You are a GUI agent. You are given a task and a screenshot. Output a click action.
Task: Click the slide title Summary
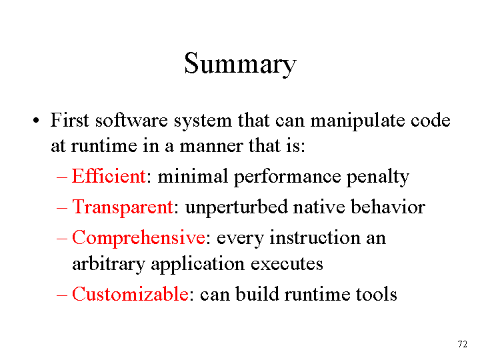pyautogui.click(x=240, y=64)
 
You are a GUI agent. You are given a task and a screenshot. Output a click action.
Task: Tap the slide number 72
pyautogui.click(x=462, y=344)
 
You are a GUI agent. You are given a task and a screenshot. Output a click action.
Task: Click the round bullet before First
pyautogui.click(x=36, y=121)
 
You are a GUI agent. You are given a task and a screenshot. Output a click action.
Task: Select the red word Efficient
pyautogui.click(x=109, y=176)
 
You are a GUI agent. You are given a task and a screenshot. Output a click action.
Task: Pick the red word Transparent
pyautogui.click(x=123, y=207)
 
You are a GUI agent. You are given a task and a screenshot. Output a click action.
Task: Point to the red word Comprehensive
pyautogui.click(x=139, y=238)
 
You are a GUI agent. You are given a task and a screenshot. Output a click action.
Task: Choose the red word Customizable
pyautogui.click(x=130, y=294)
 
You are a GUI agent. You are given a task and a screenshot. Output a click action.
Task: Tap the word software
pyautogui.click(x=131, y=120)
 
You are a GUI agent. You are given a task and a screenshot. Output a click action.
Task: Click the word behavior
pyautogui.click(x=388, y=207)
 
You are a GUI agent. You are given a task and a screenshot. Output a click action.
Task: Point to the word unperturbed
pyautogui.click(x=236, y=207)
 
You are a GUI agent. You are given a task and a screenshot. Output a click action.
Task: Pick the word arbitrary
pyautogui.click(x=109, y=264)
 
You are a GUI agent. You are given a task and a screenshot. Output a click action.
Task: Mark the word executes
pyautogui.click(x=287, y=264)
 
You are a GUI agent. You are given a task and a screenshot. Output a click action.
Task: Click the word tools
pyautogui.click(x=376, y=294)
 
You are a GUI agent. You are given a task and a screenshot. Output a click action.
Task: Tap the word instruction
pyautogui.click(x=315, y=237)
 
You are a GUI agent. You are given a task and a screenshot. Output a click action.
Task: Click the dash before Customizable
pyautogui.click(x=62, y=295)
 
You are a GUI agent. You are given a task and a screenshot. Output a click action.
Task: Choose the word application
pyautogui.click(x=198, y=264)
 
